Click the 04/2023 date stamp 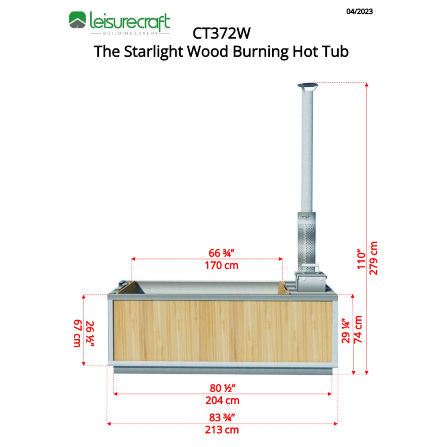pos(359,12)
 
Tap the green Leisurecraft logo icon pos(77,20)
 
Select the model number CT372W pos(221,34)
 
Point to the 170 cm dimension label pos(221,266)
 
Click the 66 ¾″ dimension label pos(221,253)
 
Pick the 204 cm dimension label pos(222,401)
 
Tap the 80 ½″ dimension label pos(222,388)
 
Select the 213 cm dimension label pos(222,430)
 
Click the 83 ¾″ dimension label pos(222,417)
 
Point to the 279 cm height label pos(373,258)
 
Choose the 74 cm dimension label pos(358,330)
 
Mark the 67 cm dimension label pos(77,333)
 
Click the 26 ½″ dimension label pos(90,334)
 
